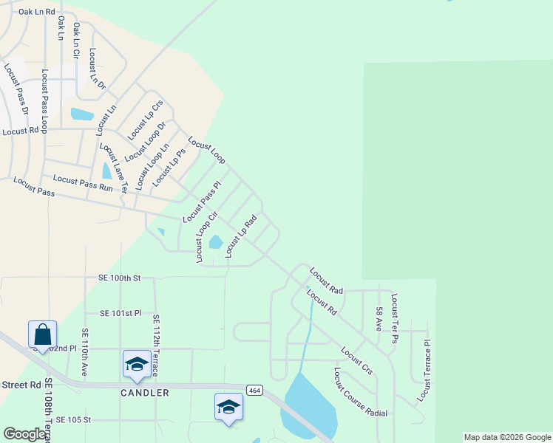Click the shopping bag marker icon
42,334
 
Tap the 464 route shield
254,389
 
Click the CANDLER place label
145,393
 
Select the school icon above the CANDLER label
137,363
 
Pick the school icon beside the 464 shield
228,407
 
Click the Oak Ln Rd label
37,12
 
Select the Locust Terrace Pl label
423,371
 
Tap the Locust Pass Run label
83,183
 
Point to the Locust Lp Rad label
241,236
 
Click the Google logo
24,434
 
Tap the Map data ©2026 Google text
506,437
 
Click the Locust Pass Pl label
202,202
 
